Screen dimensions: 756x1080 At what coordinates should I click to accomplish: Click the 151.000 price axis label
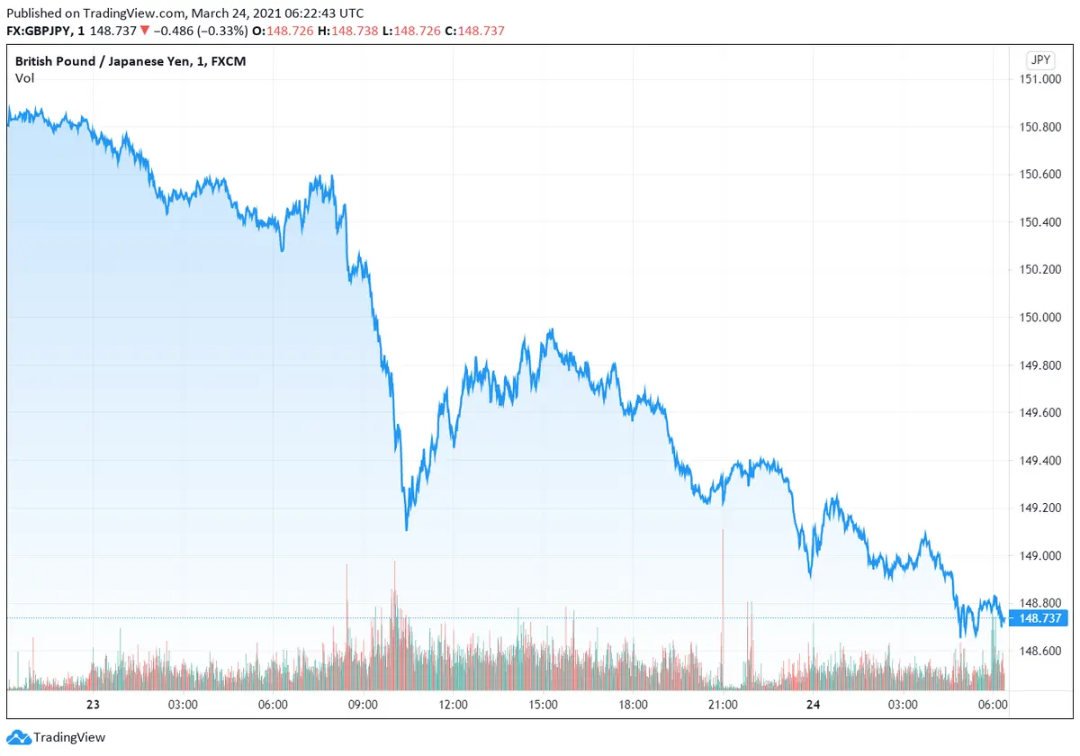tap(1039, 79)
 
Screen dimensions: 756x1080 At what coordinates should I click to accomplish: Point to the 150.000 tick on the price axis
tap(1039, 317)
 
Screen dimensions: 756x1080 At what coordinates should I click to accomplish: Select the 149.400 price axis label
tap(1039, 460)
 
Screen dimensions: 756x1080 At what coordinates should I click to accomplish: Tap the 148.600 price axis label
tap(1039, 651)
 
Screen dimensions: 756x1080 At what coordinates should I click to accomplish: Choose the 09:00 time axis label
tap(363, 705)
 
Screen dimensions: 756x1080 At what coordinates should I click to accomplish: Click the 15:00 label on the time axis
tap(543, 705)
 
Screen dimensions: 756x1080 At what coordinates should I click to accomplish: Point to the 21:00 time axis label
tap(723, 705)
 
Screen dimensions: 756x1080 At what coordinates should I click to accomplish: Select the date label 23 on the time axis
tap(93, 705)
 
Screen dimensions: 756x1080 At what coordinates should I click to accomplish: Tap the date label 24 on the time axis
tap(813, 705)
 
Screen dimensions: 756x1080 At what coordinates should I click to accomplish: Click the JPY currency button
tap(1039, 60)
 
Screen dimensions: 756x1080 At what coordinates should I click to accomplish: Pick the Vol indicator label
tap(24, 78)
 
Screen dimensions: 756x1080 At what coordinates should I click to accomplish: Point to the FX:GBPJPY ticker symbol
tap(41, 31)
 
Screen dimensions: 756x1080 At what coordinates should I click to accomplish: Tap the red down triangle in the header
tap(145, 31)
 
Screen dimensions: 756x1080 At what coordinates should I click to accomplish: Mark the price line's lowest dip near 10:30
tap(406, 528)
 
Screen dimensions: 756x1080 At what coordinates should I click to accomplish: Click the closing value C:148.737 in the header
tap(481, 31)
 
